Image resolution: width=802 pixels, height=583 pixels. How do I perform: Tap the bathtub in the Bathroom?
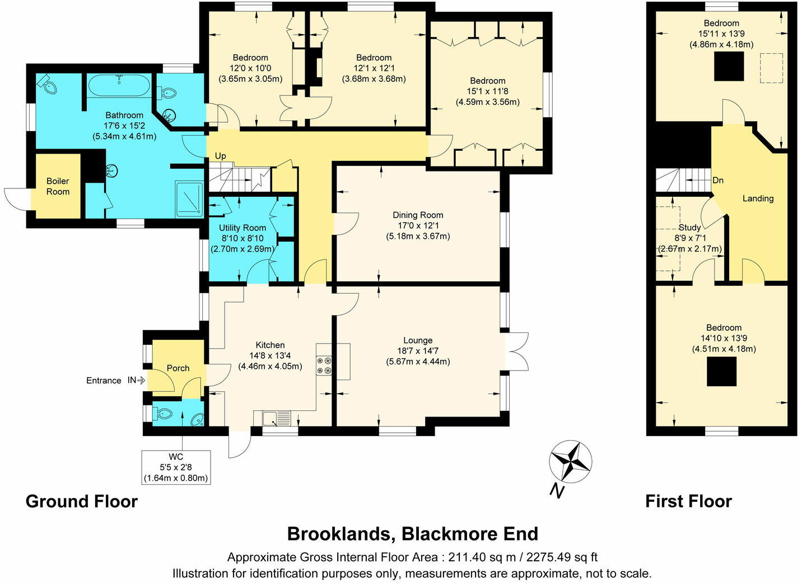pos(119,85)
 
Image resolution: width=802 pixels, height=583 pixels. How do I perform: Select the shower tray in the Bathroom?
pos(189,199)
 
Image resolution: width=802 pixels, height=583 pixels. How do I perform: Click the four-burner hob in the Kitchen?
pos(324,365)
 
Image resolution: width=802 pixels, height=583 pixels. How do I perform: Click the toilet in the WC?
pos(163,415)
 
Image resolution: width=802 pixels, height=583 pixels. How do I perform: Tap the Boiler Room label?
pos(58,186)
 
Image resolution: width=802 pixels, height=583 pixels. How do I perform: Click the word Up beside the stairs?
pos(221,156)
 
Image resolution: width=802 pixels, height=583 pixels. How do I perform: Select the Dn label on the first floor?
pos(718,181)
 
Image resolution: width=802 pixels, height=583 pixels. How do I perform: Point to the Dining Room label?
pos(418,215)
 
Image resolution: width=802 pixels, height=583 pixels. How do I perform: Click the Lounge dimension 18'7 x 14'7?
pos(418,351)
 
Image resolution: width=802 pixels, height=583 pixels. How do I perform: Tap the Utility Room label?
pos(243,228)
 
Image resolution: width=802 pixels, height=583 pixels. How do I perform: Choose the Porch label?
pos(178,368)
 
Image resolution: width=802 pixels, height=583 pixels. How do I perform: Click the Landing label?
pos(758,198)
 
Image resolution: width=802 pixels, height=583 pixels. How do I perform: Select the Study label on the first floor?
pos(689,228)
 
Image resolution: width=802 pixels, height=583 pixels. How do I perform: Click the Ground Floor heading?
pos(82,501)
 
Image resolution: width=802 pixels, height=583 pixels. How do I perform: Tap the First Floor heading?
pos(688,501)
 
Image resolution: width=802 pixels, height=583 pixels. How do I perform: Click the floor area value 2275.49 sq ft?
pos(562,557)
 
